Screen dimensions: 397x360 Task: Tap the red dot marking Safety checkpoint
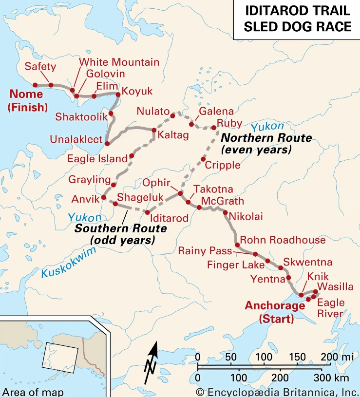(51, 85)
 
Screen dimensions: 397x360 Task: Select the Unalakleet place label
(76, 139)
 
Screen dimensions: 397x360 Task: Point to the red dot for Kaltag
(154, 130)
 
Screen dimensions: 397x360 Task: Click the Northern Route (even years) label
(266, 144)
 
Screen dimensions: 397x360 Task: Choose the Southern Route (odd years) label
(121, 234)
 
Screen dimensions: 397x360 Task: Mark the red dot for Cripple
(203, 159)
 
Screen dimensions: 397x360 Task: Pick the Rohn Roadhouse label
(283, 240)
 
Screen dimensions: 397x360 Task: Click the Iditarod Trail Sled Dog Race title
(297, 19)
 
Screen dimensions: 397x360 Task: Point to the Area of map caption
(33, 392)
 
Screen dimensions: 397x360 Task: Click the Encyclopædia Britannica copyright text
(277, 392)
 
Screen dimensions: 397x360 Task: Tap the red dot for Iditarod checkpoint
(148, 212)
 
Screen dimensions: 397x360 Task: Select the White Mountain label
(119, 62)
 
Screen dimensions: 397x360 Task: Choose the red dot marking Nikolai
(225, 212)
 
